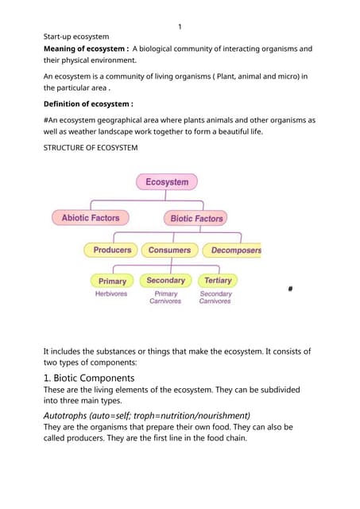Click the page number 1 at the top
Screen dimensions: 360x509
(180, 27)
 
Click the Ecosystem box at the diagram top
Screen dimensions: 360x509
(166, 182)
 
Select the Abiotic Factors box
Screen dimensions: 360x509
(90, 217)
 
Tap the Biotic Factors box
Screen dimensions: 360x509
(197, 217)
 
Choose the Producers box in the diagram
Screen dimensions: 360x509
(112, 250)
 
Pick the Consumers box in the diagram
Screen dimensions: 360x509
(169, 250)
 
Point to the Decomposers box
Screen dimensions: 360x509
(232, 250)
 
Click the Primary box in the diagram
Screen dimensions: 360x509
(112, 281)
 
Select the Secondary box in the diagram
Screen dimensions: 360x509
(165, 280)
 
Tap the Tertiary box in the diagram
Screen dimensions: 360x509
(217, 280)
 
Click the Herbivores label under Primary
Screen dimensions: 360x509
(111, 293)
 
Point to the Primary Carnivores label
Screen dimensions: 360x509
(165, 297)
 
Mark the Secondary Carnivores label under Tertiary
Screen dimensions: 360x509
(215, 297)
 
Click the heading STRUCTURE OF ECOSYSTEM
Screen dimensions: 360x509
(93, 148)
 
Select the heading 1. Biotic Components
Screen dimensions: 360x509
(89, 378)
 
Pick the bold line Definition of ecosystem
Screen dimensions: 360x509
(87, 103)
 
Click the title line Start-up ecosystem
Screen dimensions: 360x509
(76, 37)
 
